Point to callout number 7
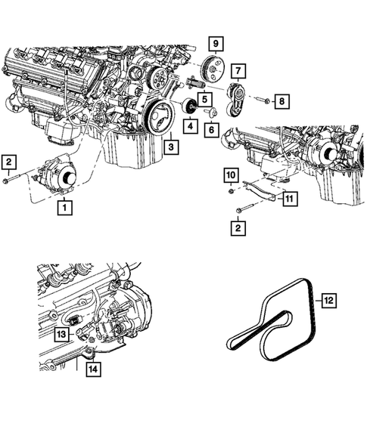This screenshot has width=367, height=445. pos(238,72)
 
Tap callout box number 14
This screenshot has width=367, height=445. pos(92,369)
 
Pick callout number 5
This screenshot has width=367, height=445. pos(204,98)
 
